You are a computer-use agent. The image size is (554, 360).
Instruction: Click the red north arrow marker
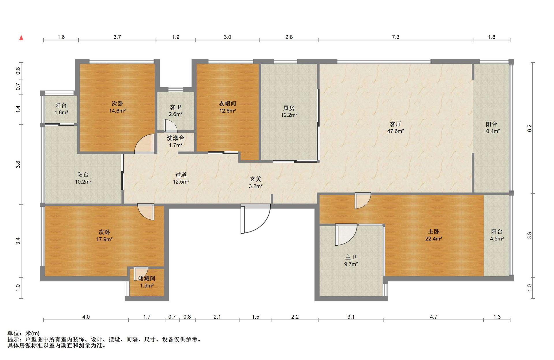21,38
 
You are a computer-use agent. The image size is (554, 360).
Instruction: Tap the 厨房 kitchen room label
289,111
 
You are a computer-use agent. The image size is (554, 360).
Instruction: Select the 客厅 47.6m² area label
395,128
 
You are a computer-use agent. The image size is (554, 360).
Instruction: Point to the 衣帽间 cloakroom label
227,107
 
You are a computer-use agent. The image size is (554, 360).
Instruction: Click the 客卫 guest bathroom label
175,111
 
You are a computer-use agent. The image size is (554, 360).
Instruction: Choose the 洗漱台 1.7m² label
175,141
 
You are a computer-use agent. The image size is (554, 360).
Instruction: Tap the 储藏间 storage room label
147,282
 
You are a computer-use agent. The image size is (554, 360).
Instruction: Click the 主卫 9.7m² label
351,260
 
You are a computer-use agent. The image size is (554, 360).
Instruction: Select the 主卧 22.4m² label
433,235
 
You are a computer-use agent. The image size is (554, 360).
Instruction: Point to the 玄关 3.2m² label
256,182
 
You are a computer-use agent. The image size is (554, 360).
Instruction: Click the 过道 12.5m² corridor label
181,178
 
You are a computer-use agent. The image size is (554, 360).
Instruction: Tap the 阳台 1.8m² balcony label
61,109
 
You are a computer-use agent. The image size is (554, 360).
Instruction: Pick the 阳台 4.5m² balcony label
497,235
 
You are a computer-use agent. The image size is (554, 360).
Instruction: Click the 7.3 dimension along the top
396,37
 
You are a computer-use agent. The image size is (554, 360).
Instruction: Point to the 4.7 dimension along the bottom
433,317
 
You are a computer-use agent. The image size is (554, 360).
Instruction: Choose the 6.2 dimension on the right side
529,128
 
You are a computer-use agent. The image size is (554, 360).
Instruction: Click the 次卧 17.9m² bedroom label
104,236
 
